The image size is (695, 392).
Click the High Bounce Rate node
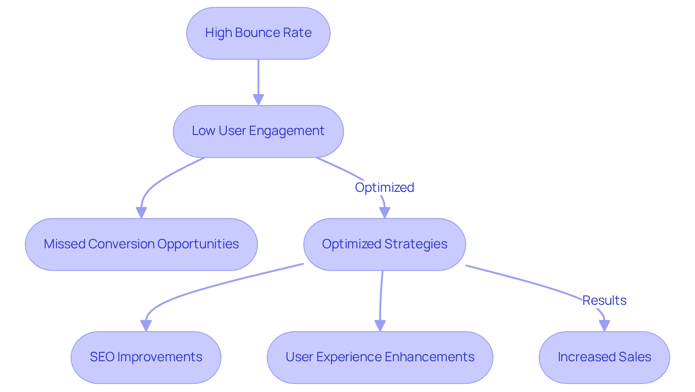pyautogui.click(x=258, y=33)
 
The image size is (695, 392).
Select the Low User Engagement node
pyautogui.click(x=258, y=131)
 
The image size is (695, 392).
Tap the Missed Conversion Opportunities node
pyautogui.click(x=141, y=244)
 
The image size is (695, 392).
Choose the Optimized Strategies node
pyautogui.click(x=384, y=244)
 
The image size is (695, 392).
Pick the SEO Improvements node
pyautogui.click(x=146, y=357)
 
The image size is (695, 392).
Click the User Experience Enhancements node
pyautogui.click(x=380, y=357)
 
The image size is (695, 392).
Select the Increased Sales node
pyautogui.click(x=604, y=357)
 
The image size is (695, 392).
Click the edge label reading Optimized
pyautogui.click(x=384, y=187)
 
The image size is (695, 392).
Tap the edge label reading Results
pyautogui.click(x=604, y=300)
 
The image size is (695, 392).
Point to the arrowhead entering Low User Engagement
pyautogui.click(x=258, y=100)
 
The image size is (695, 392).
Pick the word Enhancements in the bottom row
pyautogui.click(x=429, y=357)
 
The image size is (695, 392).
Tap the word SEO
pyautogui.click(x=102, y=357)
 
